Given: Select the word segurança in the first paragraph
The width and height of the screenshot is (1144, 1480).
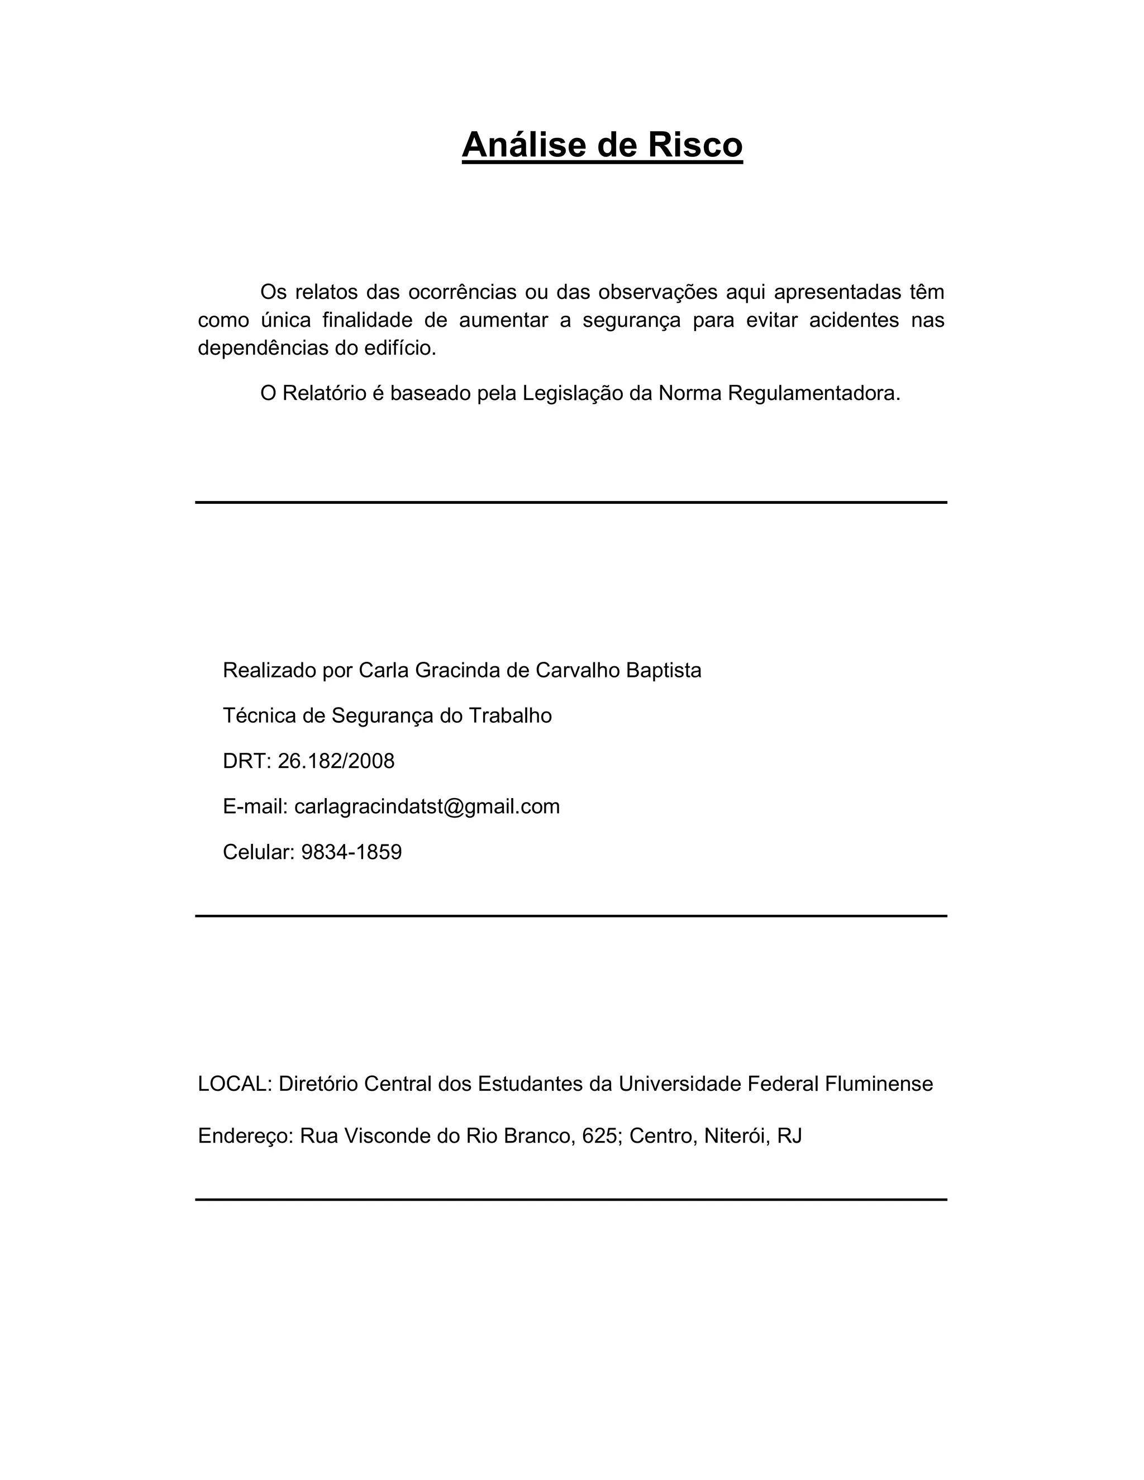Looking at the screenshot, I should coord(631,320).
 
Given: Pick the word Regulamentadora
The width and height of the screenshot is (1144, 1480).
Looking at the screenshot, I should coord(814,393).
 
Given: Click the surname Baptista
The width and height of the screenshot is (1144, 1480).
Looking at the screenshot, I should coord(664,670).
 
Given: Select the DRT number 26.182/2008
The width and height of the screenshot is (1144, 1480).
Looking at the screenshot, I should coord(336,761).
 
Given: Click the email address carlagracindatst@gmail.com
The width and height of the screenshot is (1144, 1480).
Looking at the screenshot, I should coord(427,806).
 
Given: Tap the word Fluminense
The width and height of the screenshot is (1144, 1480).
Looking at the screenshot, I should coord(879,1083).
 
